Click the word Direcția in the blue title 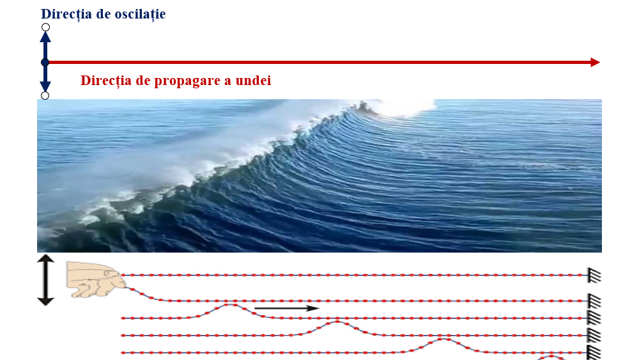point(66,14)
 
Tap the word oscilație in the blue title point(140,14)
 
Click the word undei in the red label point(254,80)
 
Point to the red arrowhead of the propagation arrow point(595,63)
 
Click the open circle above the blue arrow point(45,27)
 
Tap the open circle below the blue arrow point(45,95)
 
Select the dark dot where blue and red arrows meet point(45,63)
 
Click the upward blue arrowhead point(45,37)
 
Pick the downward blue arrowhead point(45,86)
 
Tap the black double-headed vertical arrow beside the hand point(45,280)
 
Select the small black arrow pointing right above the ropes point(286,308)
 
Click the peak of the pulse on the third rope point(231,304)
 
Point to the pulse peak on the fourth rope point(337,322)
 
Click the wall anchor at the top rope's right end point(594,275)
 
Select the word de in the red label point(143,81)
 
